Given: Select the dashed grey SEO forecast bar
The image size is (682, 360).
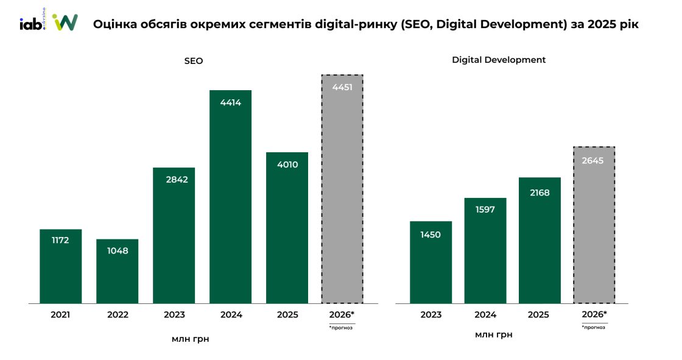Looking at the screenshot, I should (x=342, y=189).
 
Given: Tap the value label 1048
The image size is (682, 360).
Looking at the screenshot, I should (x=117, y=250).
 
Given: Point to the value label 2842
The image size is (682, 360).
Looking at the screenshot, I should (x=174, y=179).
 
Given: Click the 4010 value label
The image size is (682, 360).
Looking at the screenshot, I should (x=287, y=164).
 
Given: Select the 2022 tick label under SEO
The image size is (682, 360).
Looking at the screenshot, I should (x=118, y=315).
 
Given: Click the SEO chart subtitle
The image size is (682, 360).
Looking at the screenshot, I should (x=194, y=61).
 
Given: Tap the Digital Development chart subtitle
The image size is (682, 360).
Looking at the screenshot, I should (x=499, y=60).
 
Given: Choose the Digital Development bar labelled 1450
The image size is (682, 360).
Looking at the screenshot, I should (x=431, y=262).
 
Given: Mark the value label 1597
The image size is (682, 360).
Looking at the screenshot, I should (x=485, y=210).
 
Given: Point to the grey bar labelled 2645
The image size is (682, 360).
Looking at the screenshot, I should (x=594, y=225).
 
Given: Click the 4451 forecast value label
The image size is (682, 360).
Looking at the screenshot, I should (x=342, y=88).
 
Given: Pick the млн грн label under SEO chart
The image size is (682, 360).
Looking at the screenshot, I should (x=190, y=339).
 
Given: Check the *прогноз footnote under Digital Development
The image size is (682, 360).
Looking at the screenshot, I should (x=594, y=327).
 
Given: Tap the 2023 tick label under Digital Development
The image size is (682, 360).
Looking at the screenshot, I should (x=431, y=315).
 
